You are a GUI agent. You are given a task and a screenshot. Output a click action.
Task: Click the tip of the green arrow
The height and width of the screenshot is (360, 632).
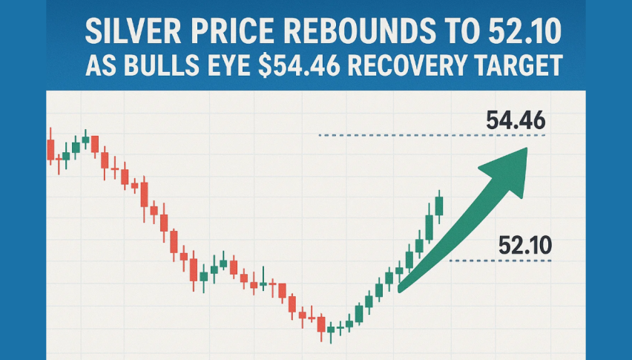tap(526, 148)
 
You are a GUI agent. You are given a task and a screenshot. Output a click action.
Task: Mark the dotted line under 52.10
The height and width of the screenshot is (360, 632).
tap(500, 261)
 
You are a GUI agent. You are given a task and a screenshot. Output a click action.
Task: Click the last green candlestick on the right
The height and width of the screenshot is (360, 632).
tap(439, 204)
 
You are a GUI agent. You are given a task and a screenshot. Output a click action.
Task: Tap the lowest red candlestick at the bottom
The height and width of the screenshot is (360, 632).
tap(321, 325)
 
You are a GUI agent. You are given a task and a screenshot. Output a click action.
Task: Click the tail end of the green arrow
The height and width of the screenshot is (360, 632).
tap(401, 287)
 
